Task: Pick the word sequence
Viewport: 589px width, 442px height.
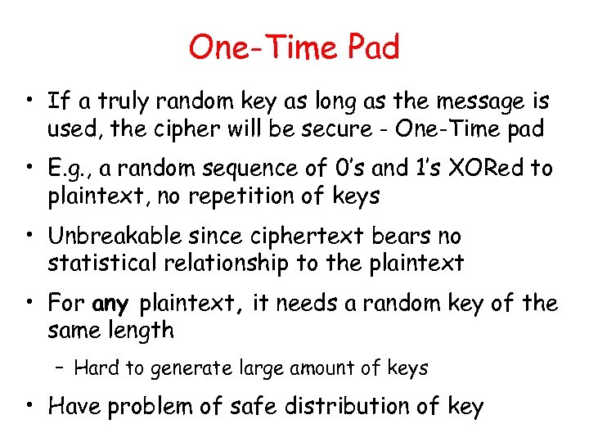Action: (256, 169)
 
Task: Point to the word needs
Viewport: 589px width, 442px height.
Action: (307, 304)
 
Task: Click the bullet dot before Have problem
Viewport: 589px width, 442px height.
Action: (30, 407)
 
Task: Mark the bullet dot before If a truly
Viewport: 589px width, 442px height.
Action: (30, 102)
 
